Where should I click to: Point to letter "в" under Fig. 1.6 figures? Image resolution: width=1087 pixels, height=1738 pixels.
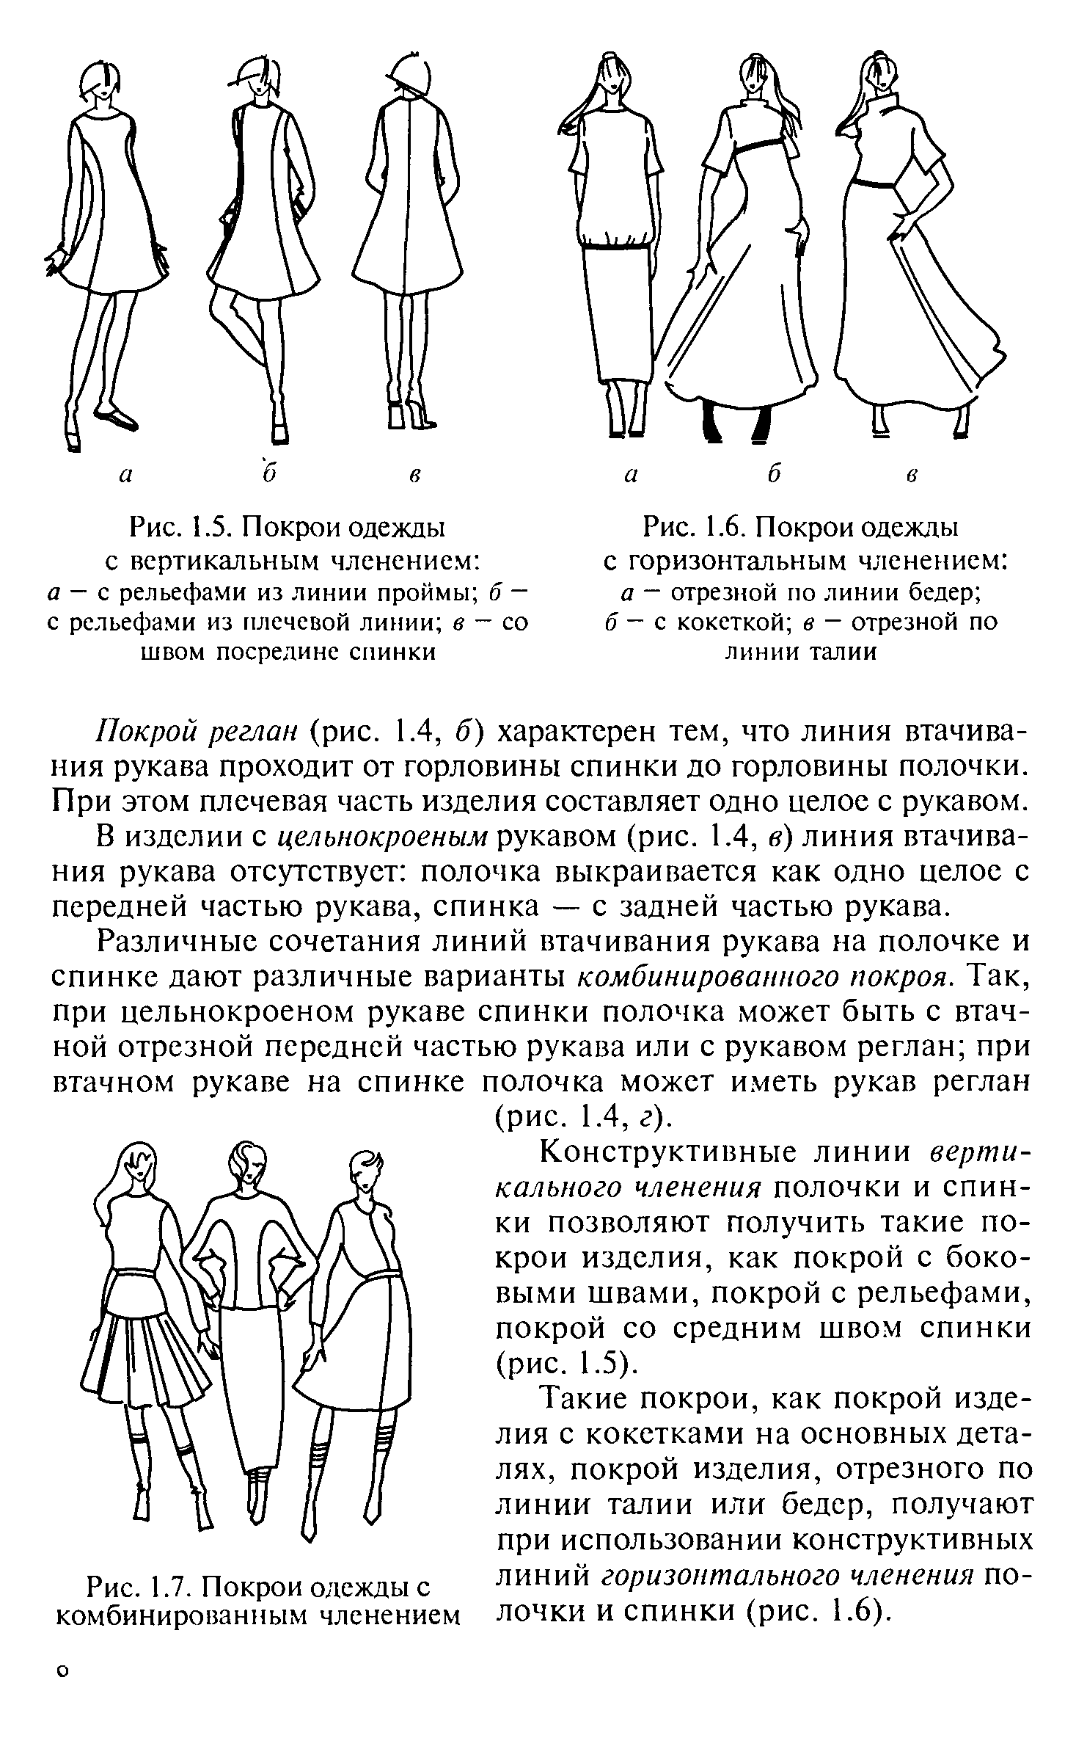click(911, 475)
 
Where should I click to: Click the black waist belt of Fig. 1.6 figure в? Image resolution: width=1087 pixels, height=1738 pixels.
click(876, 183)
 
